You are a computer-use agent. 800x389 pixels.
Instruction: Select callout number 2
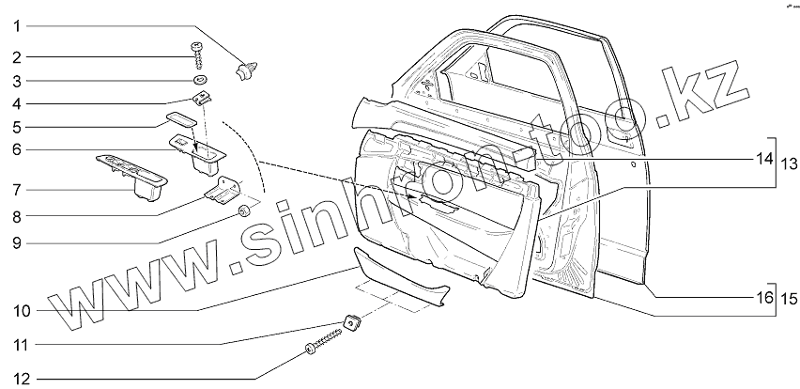tap(17, 57)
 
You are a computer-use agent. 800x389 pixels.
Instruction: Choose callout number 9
tap(17, 241)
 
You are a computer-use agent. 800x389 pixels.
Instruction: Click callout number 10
tap(21, 310)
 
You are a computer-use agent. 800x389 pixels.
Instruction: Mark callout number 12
tap(21, 379)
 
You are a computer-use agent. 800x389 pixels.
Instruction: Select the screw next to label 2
tap(200, 53)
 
